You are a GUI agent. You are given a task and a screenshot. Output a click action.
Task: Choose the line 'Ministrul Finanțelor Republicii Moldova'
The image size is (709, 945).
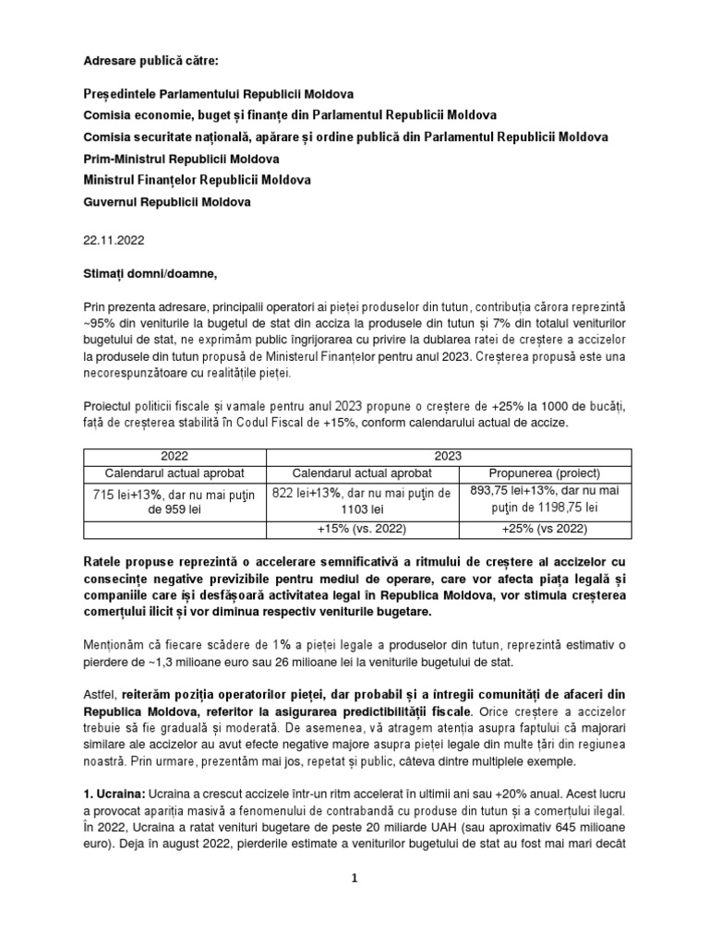pyautogui.click(x=197, y=180)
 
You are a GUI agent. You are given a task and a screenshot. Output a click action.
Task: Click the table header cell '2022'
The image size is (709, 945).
pyautogui.click(x=174, y=456)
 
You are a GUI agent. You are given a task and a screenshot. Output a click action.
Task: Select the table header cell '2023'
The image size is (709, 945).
pyautogui.click(x=450, y=456)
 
